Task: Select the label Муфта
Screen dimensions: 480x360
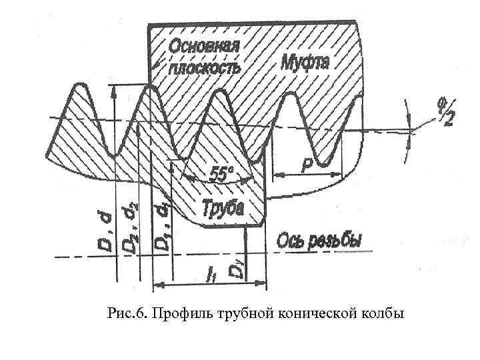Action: [304, 62]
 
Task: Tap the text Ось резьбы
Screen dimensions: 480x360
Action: [320, 239]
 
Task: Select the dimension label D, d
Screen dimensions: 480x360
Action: [105, 229]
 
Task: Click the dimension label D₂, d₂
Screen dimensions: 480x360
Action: [130, 229]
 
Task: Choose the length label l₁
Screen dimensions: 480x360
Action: [211, 274]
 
